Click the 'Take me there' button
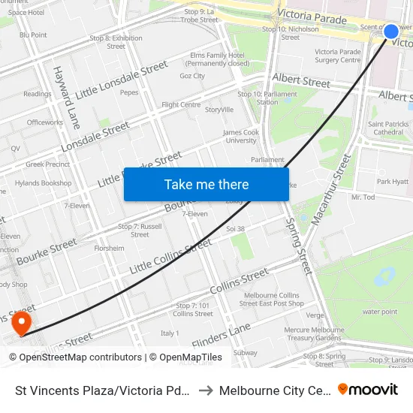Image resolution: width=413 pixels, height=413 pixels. [206, 185]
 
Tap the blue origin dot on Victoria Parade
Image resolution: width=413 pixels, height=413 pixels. [391, 32]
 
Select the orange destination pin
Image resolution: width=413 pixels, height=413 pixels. [21, 324]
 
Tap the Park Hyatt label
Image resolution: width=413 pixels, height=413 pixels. [393, 182]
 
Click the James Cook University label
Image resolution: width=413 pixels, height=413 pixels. [240, 136]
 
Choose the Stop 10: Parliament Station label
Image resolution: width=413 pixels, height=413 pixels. [257, 98]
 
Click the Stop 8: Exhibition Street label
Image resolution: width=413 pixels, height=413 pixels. [116, 42]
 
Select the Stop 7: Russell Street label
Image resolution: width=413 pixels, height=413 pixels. [140, 230]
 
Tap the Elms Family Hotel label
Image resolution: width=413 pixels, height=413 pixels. [218, 59]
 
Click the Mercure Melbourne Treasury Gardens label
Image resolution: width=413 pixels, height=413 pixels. [312, 333]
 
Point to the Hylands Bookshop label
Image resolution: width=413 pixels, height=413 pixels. [43, 182]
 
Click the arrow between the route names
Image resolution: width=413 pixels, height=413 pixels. [205, 390]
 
